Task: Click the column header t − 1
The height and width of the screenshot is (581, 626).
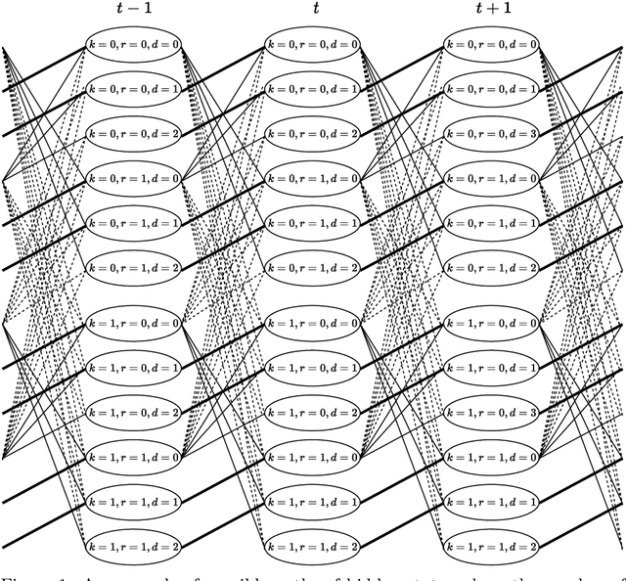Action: click(132, 14)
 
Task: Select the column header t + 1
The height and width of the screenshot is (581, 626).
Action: click(493, 14)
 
